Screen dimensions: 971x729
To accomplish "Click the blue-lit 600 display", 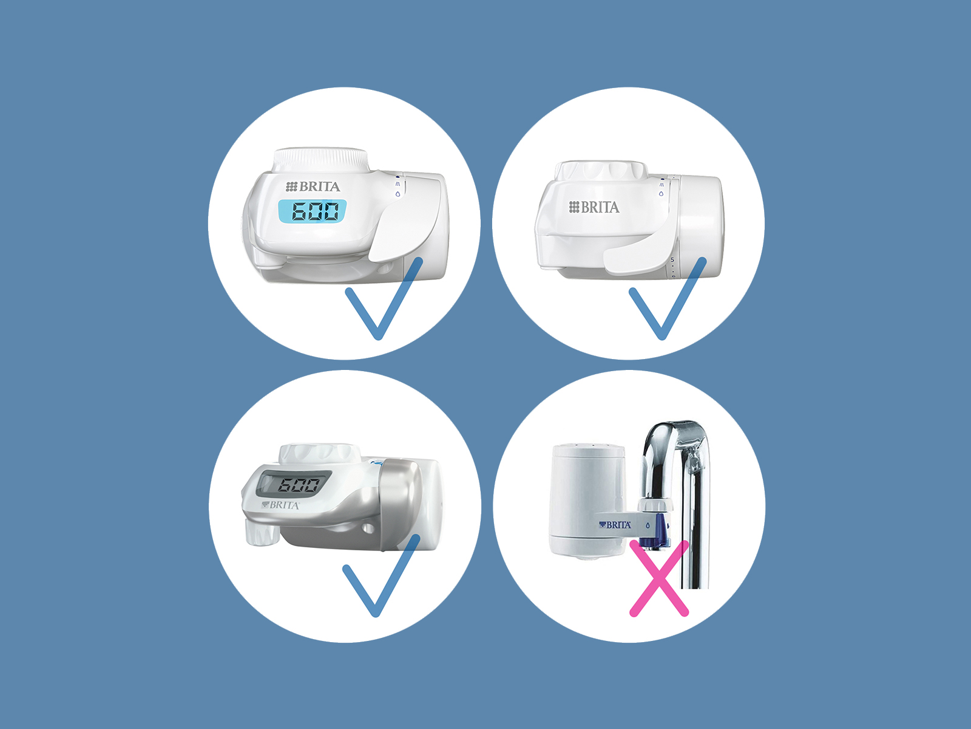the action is coord(313,211).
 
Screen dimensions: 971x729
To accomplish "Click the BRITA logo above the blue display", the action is coord(313,187).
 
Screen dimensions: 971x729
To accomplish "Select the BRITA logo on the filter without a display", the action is coord(594,207).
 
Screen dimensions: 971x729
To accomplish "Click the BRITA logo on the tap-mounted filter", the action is coord(615,525).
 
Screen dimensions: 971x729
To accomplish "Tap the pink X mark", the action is coord(659,578).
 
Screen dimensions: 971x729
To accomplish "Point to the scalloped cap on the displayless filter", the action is coord(601,171).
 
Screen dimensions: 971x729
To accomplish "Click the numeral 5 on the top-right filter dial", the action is coord(672,259).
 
